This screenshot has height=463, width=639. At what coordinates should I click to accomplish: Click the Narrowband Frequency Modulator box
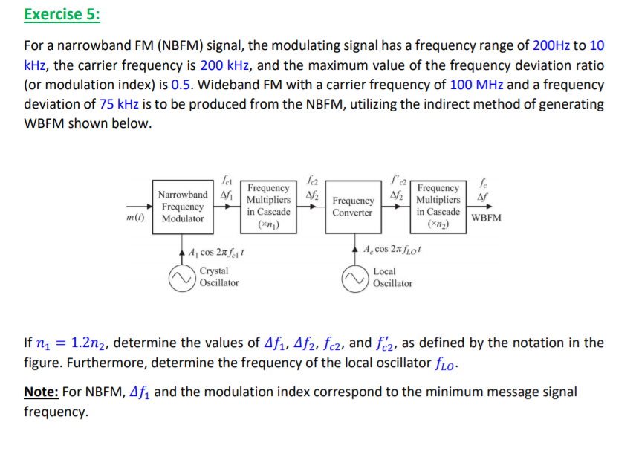click(x=183, y=206)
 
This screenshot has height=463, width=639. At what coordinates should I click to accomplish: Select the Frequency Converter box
click(x=352, y=207)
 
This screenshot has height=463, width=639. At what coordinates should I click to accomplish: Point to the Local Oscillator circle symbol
click(x=355, y=277)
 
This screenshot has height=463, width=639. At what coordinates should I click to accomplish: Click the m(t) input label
click(x=135, y=218)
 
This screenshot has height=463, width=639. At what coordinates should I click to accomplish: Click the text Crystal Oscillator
click(x=219, y=277)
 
